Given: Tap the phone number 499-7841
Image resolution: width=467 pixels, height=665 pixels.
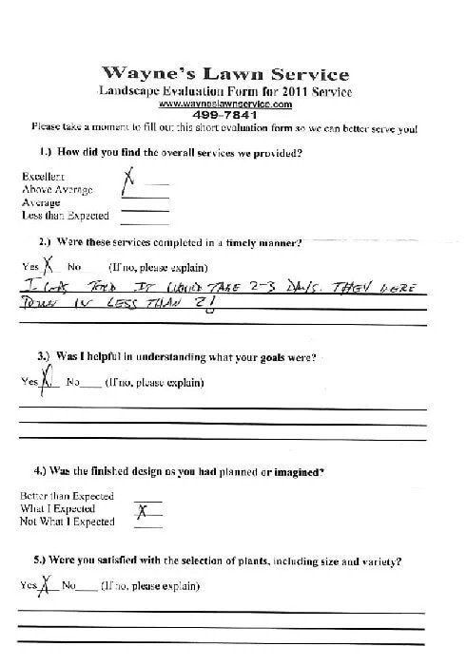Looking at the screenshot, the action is tap(224, 114).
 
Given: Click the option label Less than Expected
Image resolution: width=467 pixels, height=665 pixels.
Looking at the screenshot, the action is tap(65, 216).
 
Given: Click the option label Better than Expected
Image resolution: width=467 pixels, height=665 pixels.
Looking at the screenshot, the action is tap(67, 496).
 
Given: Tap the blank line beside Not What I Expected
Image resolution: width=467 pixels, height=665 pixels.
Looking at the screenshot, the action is tap(147, 524).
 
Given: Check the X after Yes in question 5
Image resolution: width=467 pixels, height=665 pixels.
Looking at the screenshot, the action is tap(43, 585).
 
